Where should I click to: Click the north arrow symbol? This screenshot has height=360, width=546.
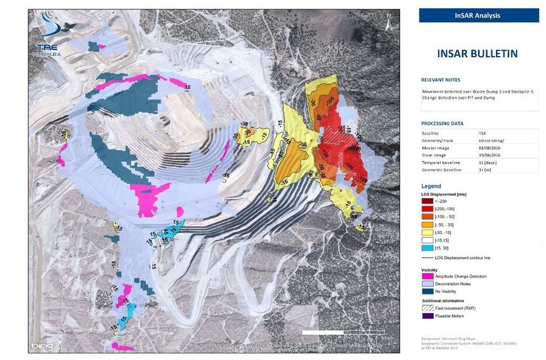click(389, 23)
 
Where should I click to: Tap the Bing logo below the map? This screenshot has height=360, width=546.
click(42, 346)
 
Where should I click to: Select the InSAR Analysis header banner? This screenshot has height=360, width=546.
click(479, 15)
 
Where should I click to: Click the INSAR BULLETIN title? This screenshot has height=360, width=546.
click(478, 54)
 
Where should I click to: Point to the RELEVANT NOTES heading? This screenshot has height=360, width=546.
click(441, 80)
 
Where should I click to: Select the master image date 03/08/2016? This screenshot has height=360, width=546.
click(491, 148)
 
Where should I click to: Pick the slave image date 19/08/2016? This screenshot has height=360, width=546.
click(491, 155)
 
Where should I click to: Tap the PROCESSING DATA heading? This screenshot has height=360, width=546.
click(442, 123)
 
